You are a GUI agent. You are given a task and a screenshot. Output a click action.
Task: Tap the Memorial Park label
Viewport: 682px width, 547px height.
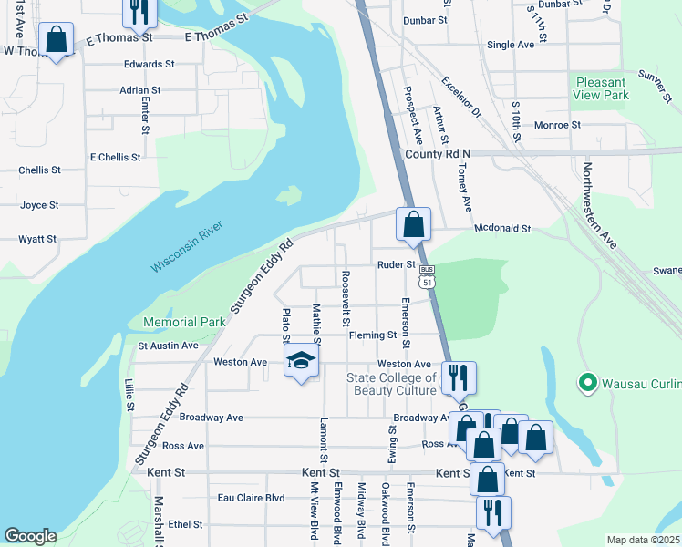(x=183, y=322)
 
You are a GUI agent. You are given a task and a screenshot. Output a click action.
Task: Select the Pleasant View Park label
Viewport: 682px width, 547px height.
(x=602, y=88)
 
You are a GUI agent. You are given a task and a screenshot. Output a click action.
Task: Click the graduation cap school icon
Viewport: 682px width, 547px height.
(x=299, y=361)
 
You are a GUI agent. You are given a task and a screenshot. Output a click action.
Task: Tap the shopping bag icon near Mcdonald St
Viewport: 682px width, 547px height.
(x=413, y=223)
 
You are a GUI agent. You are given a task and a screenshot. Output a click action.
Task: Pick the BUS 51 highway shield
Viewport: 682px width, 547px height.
(x=427, y=276)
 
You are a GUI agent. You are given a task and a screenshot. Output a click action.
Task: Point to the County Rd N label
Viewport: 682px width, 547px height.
(x=437, y=154)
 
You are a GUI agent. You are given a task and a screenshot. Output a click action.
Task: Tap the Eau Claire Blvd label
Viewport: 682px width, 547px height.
(x=251, y=498)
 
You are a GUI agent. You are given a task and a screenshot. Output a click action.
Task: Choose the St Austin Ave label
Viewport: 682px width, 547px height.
(x=168, y=346)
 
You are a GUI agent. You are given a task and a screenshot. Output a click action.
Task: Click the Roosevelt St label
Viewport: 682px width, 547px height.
(x=346, y=297)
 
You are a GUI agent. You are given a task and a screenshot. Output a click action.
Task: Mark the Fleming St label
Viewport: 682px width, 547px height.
(x=372, y=335)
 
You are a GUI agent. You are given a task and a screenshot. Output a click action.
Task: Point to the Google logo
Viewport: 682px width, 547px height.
(x=30, y=536)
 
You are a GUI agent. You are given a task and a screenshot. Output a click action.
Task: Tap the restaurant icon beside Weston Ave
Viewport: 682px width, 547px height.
(x=458, y=376)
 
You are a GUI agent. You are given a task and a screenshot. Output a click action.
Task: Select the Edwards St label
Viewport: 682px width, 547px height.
(x=150, y=64)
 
